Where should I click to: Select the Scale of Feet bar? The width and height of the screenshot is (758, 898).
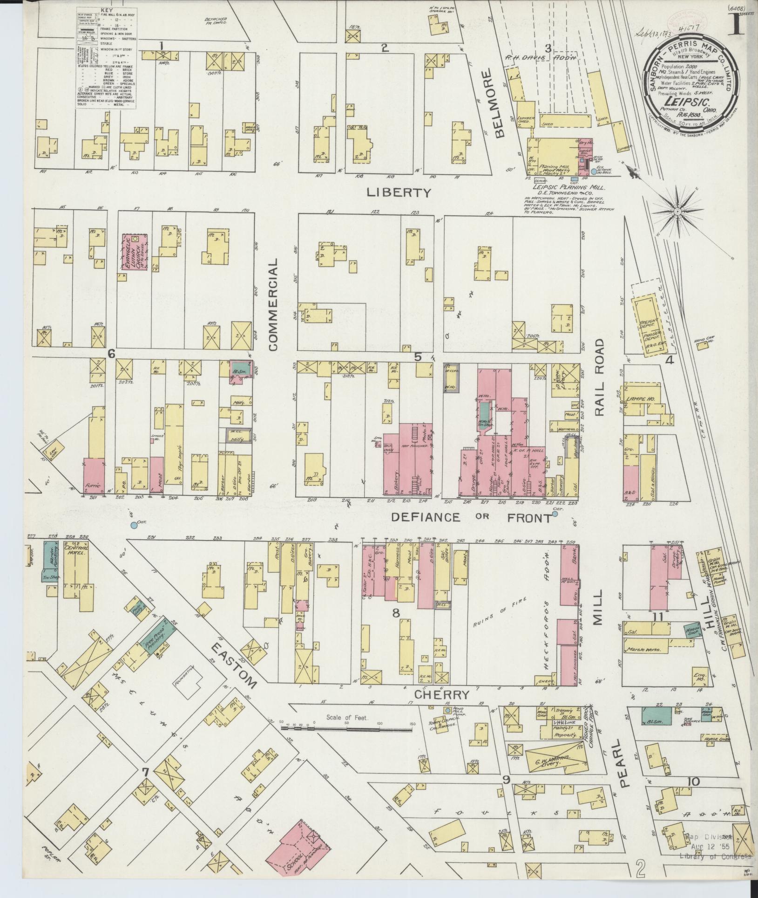(347, 735)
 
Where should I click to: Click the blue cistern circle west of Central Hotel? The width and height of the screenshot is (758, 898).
(134, 526)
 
